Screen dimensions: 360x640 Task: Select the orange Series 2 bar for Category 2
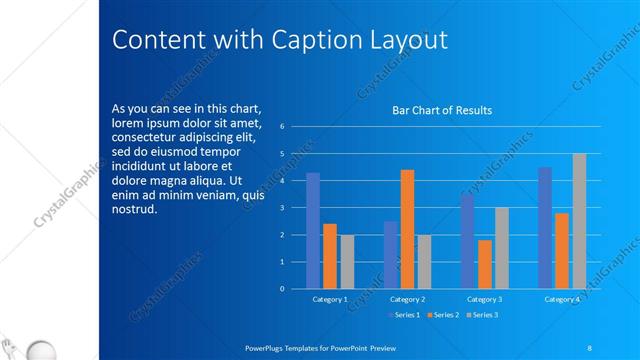[407, 229]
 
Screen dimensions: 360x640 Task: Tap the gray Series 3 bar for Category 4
[579, 221]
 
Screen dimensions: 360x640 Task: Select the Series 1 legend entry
[403, 315]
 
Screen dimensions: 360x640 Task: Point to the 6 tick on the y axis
[283, 127]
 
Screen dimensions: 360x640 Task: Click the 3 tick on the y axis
[283, 208]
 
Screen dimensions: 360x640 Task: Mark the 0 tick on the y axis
[283, 289]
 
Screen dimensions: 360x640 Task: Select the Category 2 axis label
[407, 299]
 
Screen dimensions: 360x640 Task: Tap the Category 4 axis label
[562, 299]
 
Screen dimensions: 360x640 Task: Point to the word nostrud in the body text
[134, 210]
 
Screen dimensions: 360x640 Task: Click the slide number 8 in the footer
[590, 346]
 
